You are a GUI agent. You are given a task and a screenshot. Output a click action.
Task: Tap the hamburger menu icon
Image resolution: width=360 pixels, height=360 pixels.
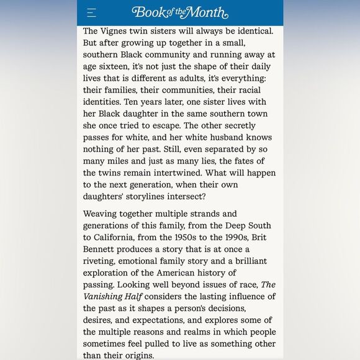click(x=91, y=12)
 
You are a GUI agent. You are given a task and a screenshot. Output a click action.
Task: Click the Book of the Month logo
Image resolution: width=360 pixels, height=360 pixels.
click(x=180, y=12)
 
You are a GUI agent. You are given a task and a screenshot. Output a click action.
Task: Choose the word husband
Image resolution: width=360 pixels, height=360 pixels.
click(x=219, y=137)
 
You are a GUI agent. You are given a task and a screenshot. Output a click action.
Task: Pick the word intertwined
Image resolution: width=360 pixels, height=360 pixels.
click(x=189, y=173)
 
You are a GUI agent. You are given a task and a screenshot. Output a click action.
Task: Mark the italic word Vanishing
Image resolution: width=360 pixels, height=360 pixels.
click(x=104, y=297)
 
